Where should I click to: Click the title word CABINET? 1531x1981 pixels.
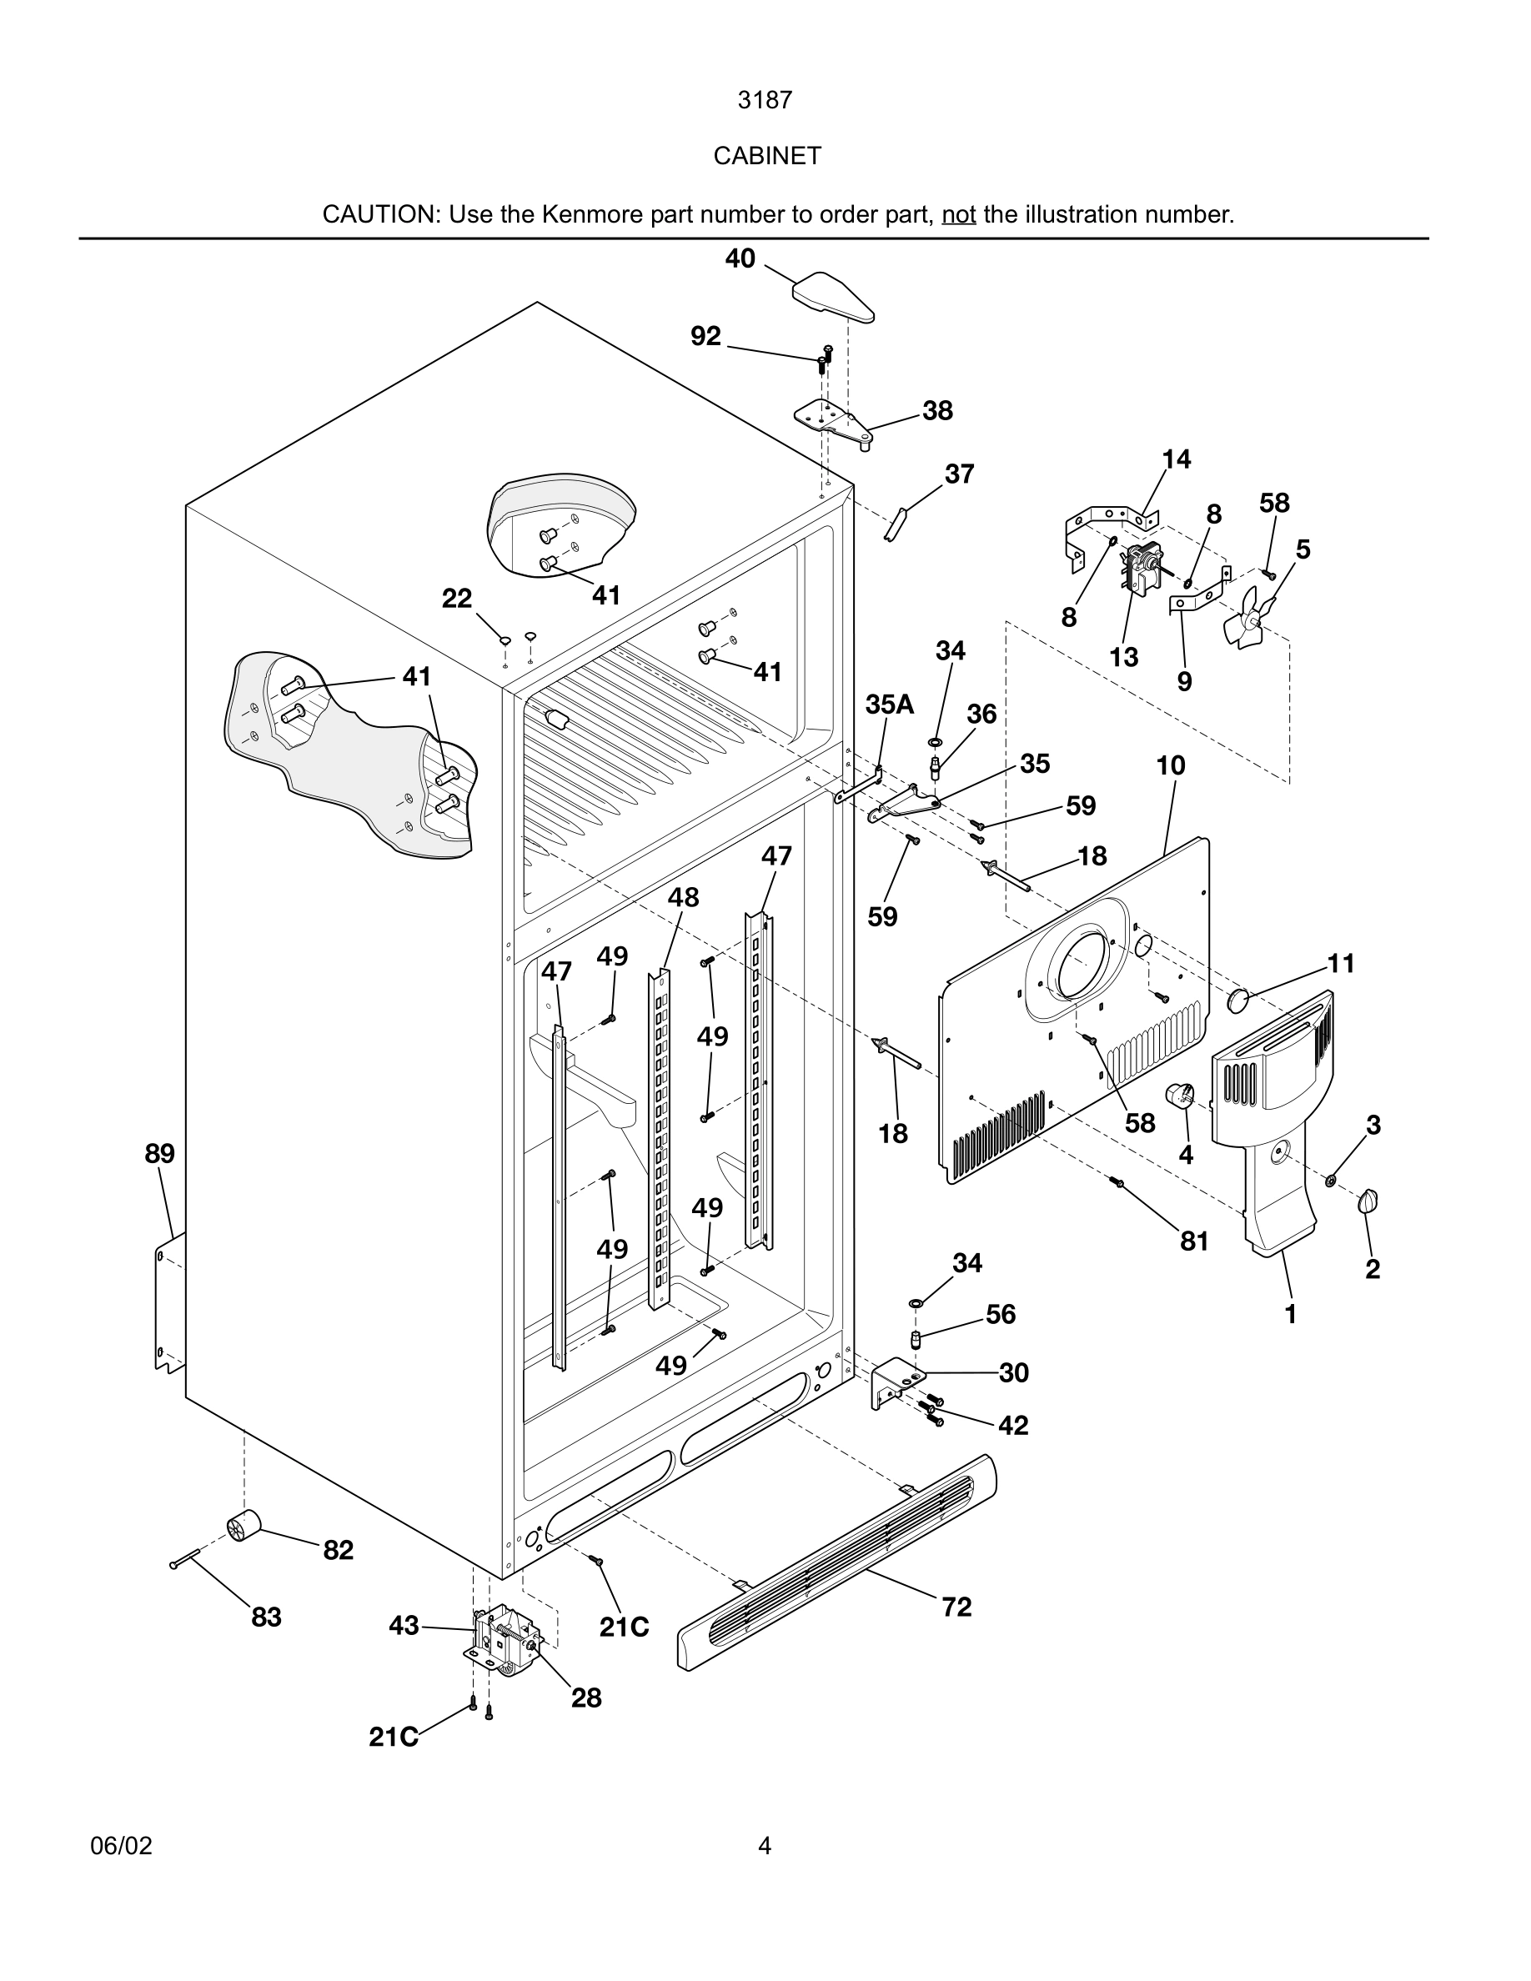click(x=766, y=156)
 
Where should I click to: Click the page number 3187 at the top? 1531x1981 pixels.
click(x=765, y=100)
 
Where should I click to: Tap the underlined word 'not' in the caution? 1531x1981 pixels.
click(x=958, y=215)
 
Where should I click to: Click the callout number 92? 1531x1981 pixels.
click(x=705, y=337)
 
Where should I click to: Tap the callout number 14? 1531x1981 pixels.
click(x=1176, y=460)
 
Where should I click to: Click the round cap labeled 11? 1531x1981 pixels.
click(x=1238, y=1001)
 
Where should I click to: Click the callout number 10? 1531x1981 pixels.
click(x=1170, y=765)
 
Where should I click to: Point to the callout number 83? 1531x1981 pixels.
click(x=266, y=1617)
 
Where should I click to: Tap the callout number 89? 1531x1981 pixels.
click(x=159, y=1154)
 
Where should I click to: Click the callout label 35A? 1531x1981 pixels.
click(x=889, y=705)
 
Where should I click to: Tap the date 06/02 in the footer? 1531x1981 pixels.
click(x=121, y=1846)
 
